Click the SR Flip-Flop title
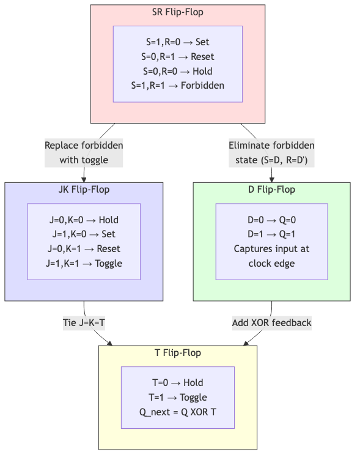(177, 12)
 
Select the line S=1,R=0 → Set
(177, 43)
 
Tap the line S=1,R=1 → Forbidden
(177, 85)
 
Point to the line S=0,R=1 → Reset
(177, 57)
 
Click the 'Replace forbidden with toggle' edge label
(84, 153)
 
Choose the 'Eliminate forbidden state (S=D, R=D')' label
(271, 153)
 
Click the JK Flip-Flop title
(84, 190)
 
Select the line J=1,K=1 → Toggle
(84, 263)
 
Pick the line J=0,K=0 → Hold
(84, 220)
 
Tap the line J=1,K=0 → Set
(84, 234)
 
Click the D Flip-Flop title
(272, 190)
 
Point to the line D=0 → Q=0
(272, 220)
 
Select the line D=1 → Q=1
(272, 234)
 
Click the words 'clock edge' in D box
(272, 264)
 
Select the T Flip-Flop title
(177, 353)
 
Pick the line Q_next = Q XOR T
(177, 412)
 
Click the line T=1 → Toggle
(177, 397)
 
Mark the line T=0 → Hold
(177, 383)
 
